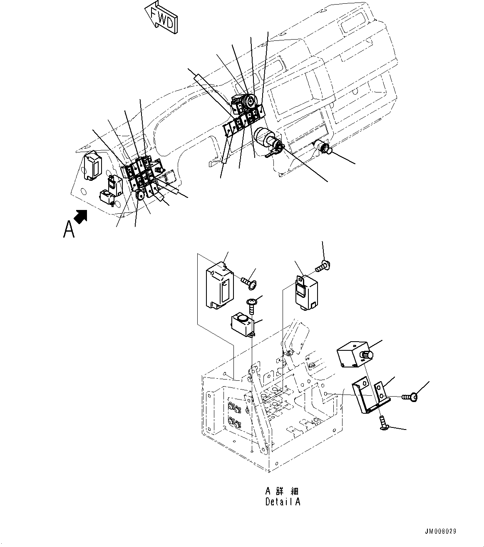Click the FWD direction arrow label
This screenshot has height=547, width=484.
[x=162, y=18]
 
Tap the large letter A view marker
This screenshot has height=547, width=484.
[x=69, y=229]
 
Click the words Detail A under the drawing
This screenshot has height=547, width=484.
[x=283, y=502]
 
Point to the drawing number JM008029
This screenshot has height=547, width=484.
[x=440, y=532]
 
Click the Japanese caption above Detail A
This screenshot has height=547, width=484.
[x=283, y=491]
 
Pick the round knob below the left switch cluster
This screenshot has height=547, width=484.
[x=140, y=193]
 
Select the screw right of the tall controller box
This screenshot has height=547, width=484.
[x=249, y=282]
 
